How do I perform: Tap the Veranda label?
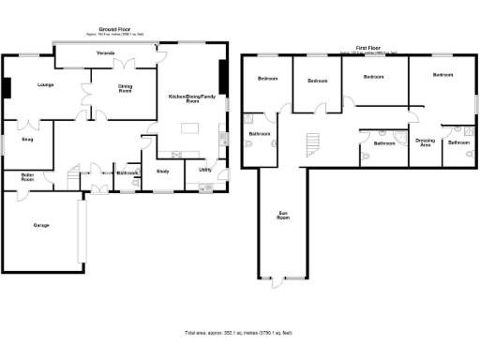pyautogui.click(x=105, y=53)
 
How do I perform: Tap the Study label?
pyautogui.click(x=162, y=171)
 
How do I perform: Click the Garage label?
pyautogui.click(x=41, y=225)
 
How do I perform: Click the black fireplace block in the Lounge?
pyautogui.click(x=6, y=87)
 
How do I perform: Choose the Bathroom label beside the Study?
pyautogui.click(x=127, y=172)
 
